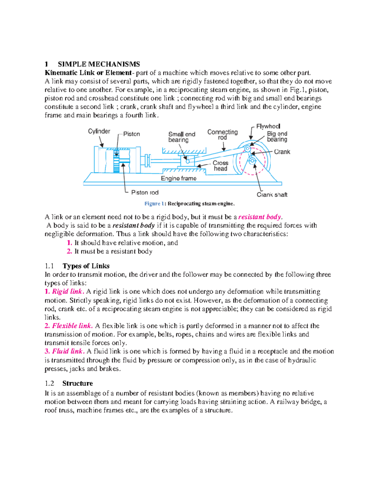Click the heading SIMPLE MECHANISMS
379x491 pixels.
[99, 64]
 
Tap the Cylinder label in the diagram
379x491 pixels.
[99, 131]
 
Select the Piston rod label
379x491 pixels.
[145, 193]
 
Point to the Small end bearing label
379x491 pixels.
[182, 137]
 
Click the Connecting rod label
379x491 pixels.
[222, 135]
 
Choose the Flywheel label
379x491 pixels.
[268, 126]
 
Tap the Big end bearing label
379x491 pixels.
[277, 137]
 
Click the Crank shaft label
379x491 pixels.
[272, 195]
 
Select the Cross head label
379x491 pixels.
[220, 166]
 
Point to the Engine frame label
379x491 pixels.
[178, 179]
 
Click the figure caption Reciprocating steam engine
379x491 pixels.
[201, 204]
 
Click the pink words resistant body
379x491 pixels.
[259, 217]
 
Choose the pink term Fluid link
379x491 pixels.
[68, 351]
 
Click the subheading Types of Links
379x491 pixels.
[86, 266]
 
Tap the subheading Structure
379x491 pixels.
[77, 384]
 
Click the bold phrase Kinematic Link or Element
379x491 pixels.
[88, 73]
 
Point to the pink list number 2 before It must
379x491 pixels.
[69, 251]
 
